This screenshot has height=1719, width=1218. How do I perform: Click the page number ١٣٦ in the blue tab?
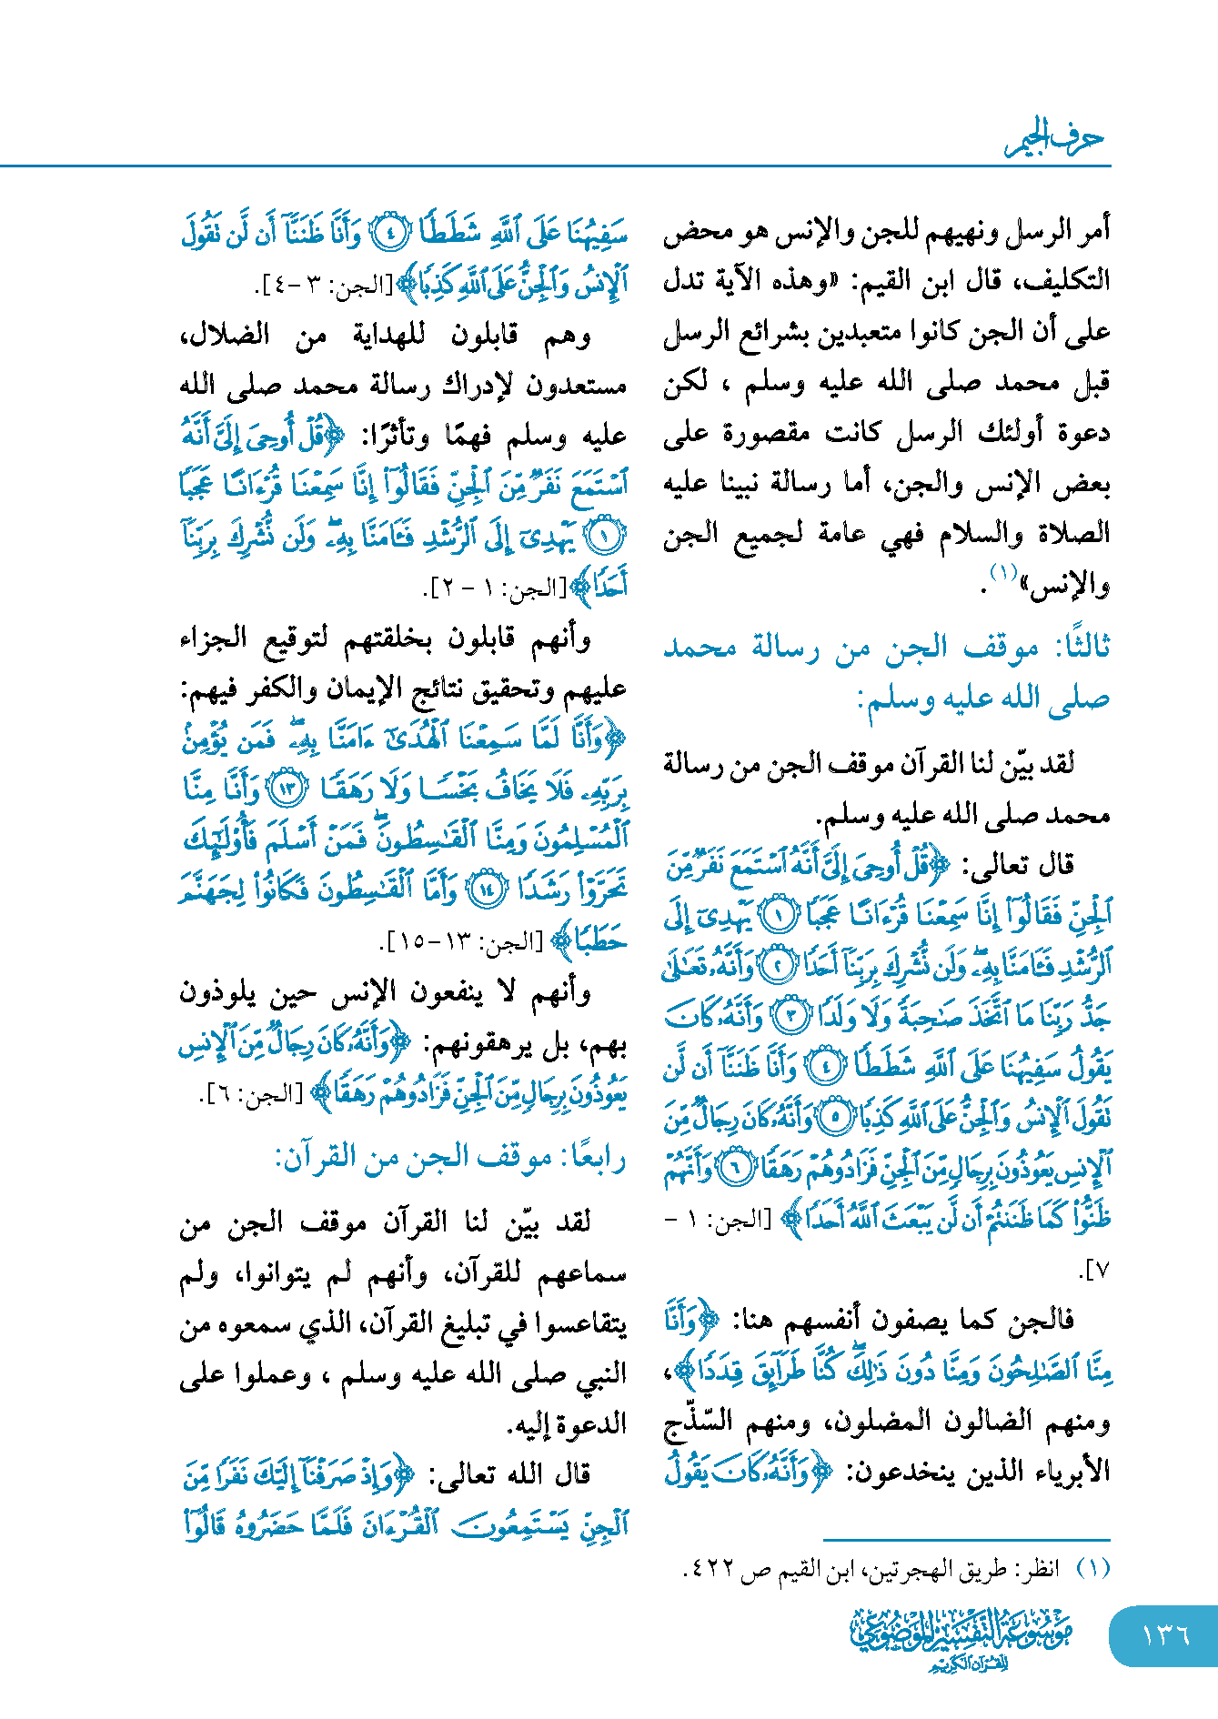tap(1165, 1634)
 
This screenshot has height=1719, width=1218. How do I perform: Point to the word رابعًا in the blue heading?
tap(592, 1159)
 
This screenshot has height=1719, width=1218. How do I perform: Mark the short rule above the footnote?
tap(966, 1539)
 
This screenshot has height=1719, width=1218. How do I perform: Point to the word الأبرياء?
tap(1071, 1472)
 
